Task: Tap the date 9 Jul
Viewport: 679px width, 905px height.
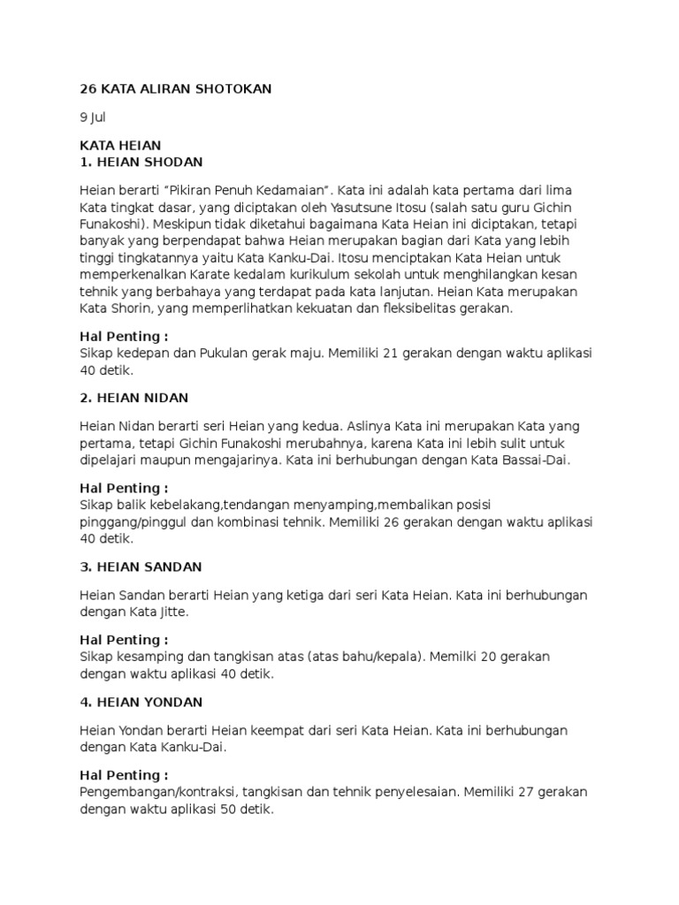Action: (x=93, y=117)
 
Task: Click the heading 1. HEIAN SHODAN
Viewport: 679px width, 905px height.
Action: (x=141, y=162)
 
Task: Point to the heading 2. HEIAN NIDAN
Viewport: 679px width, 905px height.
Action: (x=134, y=398)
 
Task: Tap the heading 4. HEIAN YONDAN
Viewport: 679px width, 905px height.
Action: (x=141, y=702)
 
